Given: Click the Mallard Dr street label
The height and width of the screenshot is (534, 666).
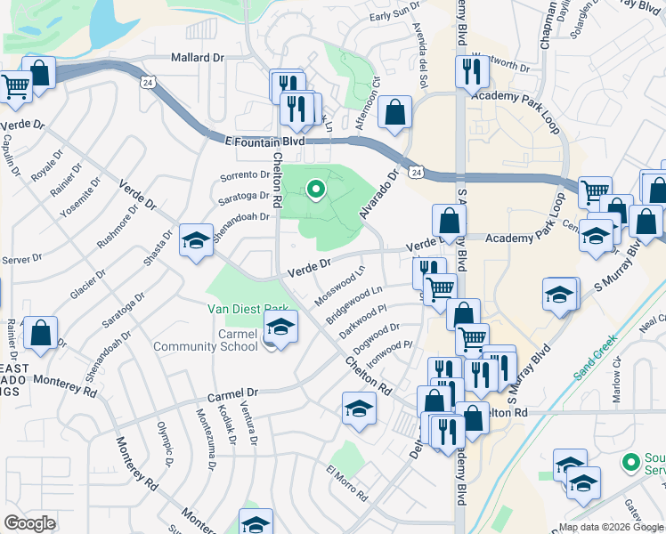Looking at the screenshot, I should (197, 56).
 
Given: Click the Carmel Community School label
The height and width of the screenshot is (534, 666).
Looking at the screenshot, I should (205, 340).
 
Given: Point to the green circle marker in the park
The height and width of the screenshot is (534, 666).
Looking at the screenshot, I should (314, 189).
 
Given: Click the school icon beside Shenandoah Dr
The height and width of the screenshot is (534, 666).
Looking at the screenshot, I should (196, 240).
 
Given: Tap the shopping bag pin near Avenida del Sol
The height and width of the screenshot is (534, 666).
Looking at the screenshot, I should (394, 113).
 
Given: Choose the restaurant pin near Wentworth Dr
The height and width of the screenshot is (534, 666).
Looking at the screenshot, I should (471, 72).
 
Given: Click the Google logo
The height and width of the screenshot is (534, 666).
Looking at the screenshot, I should (29, 522).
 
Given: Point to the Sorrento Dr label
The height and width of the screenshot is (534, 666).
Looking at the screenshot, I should (245, 175).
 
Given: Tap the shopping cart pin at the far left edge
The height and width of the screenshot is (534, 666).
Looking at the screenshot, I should (15, 86).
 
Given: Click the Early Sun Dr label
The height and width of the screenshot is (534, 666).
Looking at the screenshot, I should (394, 16).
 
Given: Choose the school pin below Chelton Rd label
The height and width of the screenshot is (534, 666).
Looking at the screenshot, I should (358, 409).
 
